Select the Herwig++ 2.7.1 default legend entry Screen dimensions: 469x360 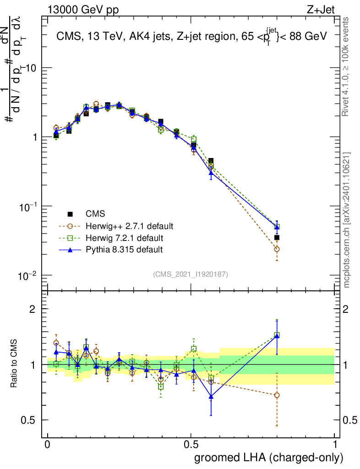click(129, 226)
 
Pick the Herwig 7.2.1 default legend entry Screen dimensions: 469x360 click(124, 238)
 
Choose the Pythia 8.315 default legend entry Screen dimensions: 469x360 click(124, 250)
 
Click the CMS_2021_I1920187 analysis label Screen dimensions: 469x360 click(191, 274)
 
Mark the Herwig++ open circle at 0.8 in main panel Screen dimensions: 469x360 click(277, 249)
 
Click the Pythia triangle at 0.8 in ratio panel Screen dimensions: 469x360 click(277, 336)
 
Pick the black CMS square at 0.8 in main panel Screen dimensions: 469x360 click(277, 238)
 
